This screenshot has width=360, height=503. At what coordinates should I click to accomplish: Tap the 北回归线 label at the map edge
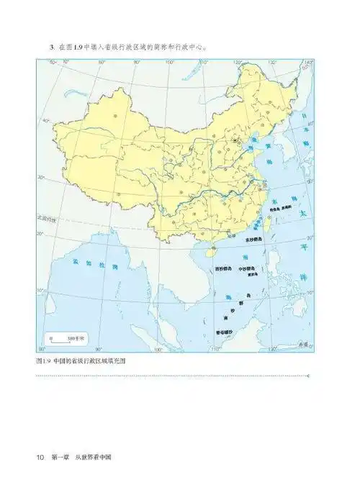[x=47, y=217]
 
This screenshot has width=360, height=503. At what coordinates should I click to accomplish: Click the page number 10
[x=40, y=458]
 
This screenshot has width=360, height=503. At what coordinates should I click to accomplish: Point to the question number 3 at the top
[x=51, y=48]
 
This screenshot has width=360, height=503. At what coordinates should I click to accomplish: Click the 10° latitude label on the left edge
[x=42, y=291]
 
